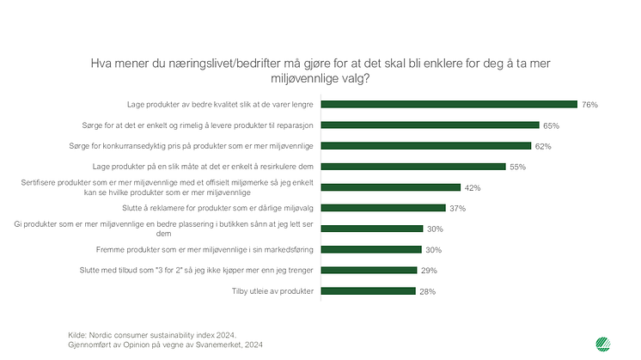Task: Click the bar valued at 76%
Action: coord(448,104)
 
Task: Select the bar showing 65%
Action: coord(430,125)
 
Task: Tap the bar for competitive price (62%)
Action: coord(425,145)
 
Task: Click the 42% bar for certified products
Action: coord(391,187)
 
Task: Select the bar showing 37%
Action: coord(382,208)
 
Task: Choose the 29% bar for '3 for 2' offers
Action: coord(369,271)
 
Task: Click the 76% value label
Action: coord(589,104)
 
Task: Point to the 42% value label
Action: coord(472,187)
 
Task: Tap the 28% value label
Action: coord(427,291)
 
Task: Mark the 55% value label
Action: coord(517,167)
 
